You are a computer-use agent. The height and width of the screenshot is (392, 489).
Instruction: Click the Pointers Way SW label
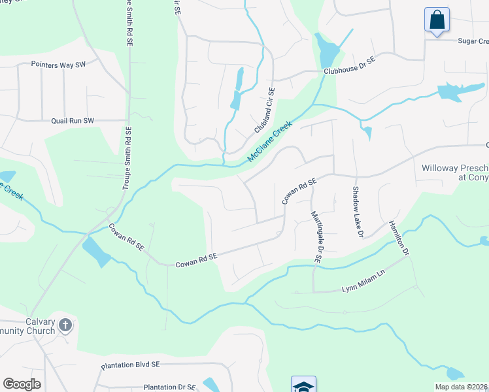[58, 65]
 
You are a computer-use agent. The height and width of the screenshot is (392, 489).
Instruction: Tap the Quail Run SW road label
[73, 121]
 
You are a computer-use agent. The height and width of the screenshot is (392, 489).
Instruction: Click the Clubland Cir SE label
[265, 110]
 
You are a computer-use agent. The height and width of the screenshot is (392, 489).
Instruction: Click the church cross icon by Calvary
[65, 325]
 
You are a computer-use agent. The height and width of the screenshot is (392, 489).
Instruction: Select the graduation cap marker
[303, 385]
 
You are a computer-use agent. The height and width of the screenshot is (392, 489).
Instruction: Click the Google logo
[22, 384]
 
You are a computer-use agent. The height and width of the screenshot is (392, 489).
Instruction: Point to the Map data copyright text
[461, 387]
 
